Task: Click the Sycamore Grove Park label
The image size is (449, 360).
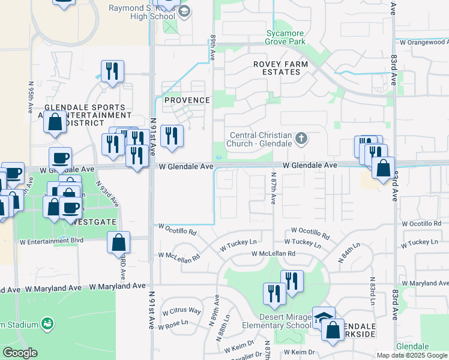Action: pyautogui.click(x=286, y=37)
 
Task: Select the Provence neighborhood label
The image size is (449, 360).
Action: pyautogui.click(x=187, y=100)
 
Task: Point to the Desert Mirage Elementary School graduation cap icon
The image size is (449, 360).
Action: pyautogui.click(x=324, y=317)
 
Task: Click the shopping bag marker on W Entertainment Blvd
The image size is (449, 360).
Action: pyautogui.click(x=119, y=243)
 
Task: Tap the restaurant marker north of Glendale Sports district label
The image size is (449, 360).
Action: pyautogui.click(x=112, y=71)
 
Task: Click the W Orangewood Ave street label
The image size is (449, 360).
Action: pyautogui.click(x=423, y=42)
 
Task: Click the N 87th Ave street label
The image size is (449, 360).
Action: pyautogui.click(x=273, y=189)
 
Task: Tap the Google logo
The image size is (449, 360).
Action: pyautogui.click(x=20, y=353)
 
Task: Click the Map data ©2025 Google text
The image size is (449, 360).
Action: pyautogui.click(x=411, y=355)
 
